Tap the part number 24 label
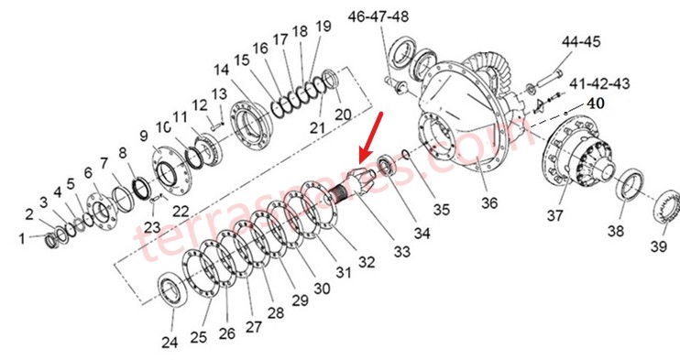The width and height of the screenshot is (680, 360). coord(169,343)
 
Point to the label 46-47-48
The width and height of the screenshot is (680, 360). coord(378,17)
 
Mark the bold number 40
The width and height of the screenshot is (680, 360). coord(597,104)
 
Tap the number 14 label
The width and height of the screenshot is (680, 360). coord(222,71)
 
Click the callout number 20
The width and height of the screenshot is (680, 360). coord(342,115)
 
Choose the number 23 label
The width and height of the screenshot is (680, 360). coord(152,228)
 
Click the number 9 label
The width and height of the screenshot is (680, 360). coord(143,136)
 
